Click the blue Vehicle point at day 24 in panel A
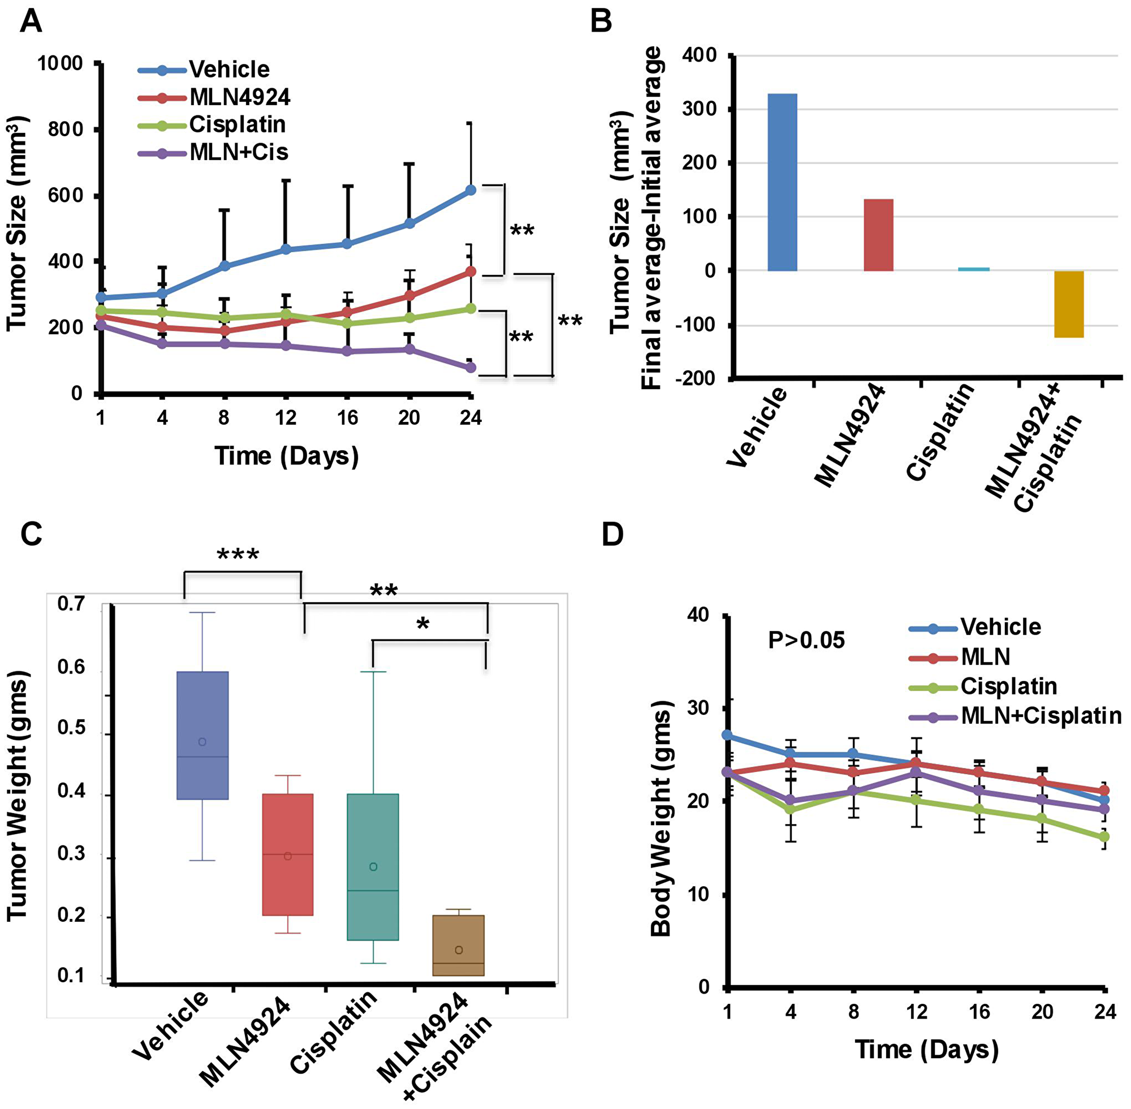(470, 190)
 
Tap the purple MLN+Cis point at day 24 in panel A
(470, 368)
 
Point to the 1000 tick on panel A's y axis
(60, 63)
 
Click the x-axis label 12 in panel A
(286, 417)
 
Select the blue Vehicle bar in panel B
(782, 182)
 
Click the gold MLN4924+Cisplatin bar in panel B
(1068, 304)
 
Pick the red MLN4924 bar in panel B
(878, 235)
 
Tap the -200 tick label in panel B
(695, 378)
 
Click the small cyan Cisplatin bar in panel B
(973, 269)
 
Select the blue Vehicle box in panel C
(202, 735)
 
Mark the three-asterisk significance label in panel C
(238, 554)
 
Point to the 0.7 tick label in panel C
(71, 603)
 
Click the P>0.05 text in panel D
(806, 641)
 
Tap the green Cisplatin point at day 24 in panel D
(1104, 837)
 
